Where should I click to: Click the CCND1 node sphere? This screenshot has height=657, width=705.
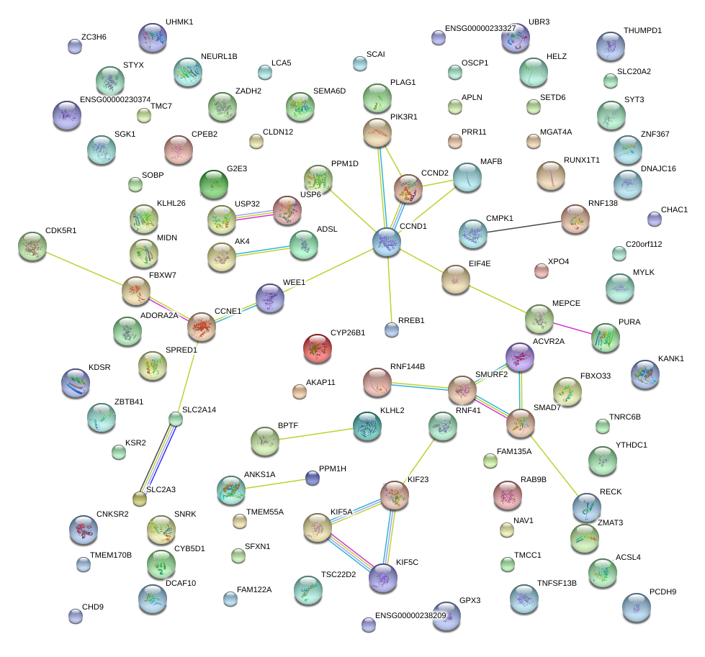point(387,242)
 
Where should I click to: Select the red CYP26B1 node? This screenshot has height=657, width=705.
point(318,348)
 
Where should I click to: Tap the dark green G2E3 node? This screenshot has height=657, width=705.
point(213,184)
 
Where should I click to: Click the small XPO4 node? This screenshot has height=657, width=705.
point(542,271)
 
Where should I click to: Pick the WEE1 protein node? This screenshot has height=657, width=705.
point(270,297)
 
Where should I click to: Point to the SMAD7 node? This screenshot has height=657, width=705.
point(518,423)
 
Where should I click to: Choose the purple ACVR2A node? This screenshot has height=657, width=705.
point(520,356)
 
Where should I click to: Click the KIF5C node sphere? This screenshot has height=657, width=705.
point(382,577)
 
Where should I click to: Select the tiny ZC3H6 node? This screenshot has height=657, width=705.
point(74,46)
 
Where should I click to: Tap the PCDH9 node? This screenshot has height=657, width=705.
point(636,607)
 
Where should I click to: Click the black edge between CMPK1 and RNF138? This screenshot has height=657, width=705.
point(524,226)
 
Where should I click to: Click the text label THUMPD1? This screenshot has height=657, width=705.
point(642,31)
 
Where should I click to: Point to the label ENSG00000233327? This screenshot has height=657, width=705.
point(480,28)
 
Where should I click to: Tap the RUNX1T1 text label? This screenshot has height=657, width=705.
point(581,160)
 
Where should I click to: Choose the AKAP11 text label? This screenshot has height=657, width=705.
point(320,382)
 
